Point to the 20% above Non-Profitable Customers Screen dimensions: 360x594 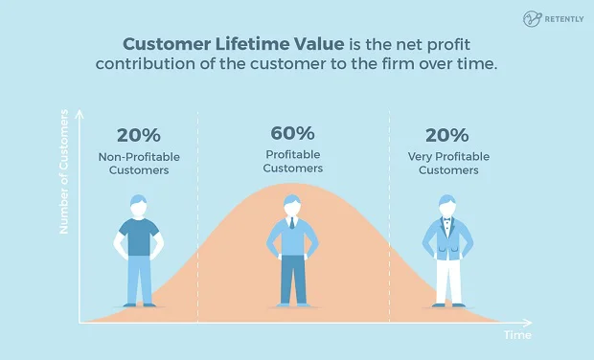pyautogui.click(x=140, y=135)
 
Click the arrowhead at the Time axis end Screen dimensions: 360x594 pyautogui.click(x=530, y=322)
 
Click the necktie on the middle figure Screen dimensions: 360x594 pyautogui.click(x=293, y=226)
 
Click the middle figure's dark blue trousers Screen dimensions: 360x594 pyautogui.click(x=293, y=282)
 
